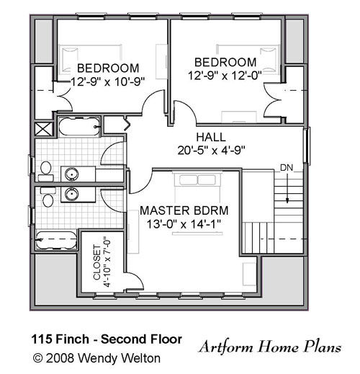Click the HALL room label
tap(211, 137)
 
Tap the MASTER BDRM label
tap(184, 210)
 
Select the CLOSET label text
tap(96, 262)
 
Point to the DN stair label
tap(287, 168)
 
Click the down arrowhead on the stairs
tap(287, 200)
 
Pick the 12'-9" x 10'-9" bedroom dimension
tap(108, 82)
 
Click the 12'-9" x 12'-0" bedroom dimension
tap(225, 76)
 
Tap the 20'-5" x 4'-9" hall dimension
tap(211, 151)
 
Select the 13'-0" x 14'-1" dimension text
tap(184, 224)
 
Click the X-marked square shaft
tap(44, 128)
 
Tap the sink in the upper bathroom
tap(71, 174)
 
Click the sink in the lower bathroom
tap(71, 195)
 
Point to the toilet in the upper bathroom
tap(45, 171)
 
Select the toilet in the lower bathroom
tap(48, 197)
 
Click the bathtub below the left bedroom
tap(79, 126)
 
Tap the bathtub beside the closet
tap(56, 240)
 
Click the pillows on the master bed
tap(197, 180)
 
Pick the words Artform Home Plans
tap(270, 347)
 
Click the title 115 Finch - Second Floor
tap(107, 339)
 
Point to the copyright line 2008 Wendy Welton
tap(96, 358)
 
